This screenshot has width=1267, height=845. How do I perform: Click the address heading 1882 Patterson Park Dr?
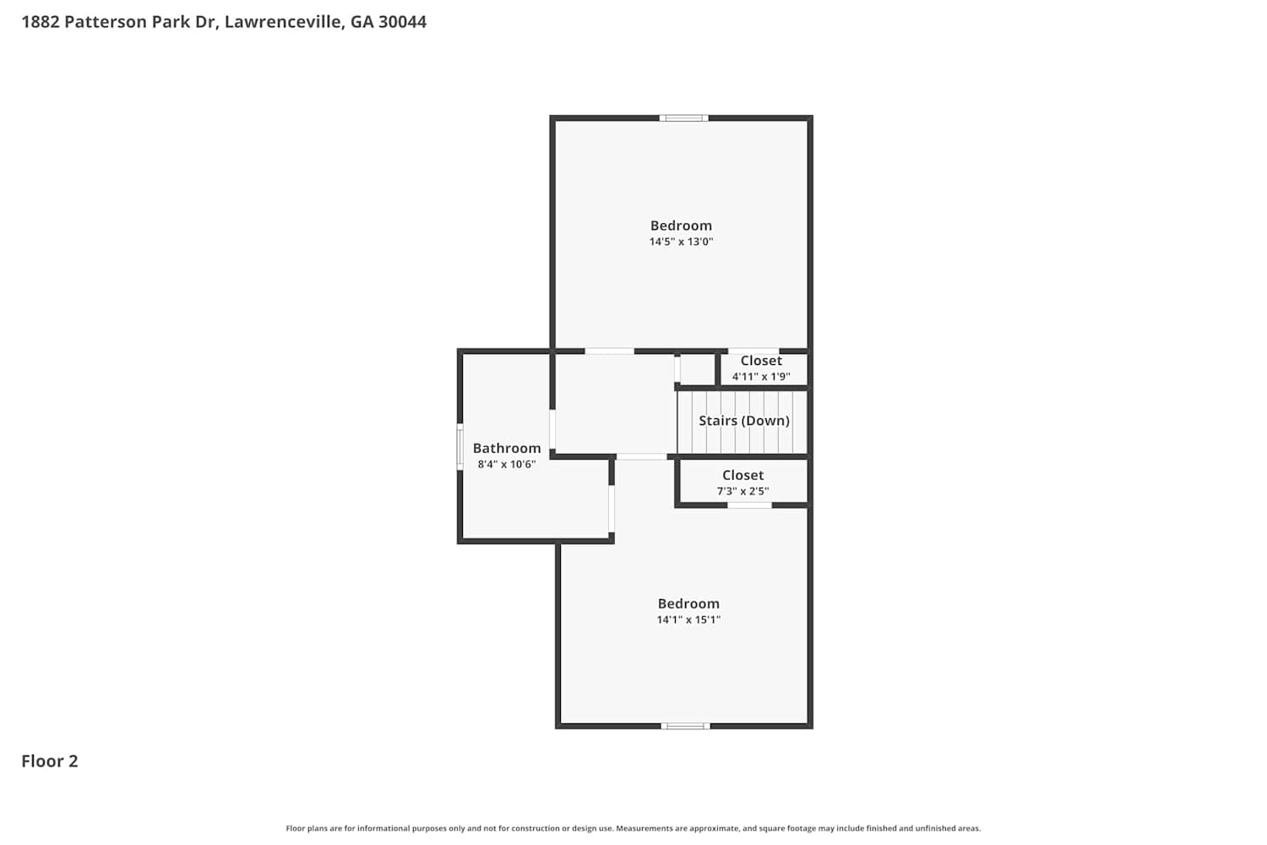(120, 22)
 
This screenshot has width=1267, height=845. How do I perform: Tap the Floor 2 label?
(50, 761)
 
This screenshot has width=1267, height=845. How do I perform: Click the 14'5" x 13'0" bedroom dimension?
(681, 242)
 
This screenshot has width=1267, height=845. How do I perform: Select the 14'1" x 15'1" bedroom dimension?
(688, 619)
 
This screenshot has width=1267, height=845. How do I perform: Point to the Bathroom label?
(507, 448)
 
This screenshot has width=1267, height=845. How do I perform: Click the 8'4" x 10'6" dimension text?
(507, 465)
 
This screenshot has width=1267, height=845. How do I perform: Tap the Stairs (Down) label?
(744, 421)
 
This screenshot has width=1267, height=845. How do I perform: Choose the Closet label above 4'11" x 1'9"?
(761, 361)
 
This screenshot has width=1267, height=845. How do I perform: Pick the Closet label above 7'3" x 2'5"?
(742, 475)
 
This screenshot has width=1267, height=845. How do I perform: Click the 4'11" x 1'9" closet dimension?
(761, 376)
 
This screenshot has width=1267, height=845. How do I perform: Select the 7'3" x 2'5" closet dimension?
(742, 491)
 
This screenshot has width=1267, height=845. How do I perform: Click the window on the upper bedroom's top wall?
(684, 118)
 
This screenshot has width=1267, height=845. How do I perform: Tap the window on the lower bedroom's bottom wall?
(686, 726)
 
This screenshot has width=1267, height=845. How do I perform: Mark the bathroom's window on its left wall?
(459, 446)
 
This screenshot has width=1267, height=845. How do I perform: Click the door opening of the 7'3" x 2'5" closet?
(749, 504)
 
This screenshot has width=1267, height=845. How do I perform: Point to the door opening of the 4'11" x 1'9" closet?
(753, 352)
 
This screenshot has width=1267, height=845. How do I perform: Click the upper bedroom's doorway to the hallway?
(609, 352)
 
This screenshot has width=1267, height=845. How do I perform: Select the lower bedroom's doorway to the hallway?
(641, 456)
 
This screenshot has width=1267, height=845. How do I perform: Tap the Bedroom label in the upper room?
(681, 226)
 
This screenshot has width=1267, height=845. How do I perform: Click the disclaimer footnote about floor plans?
(633, 828)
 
